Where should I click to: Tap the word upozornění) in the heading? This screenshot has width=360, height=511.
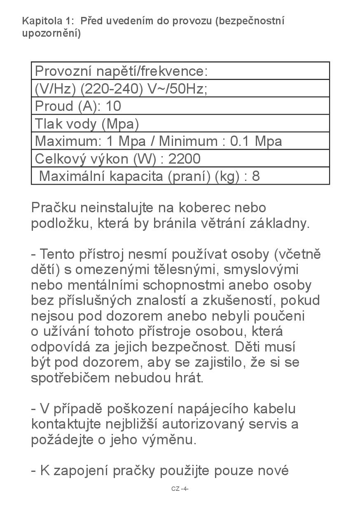point(51,33)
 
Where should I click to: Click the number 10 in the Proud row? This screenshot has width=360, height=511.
point(113,106)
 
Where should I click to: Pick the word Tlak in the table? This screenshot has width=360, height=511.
point(48,124)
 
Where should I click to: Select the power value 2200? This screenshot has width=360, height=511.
point(185,159)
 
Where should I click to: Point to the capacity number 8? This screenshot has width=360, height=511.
point(256,176)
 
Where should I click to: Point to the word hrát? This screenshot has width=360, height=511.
point(190,378)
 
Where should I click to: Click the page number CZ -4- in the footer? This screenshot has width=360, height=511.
point(180,489)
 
